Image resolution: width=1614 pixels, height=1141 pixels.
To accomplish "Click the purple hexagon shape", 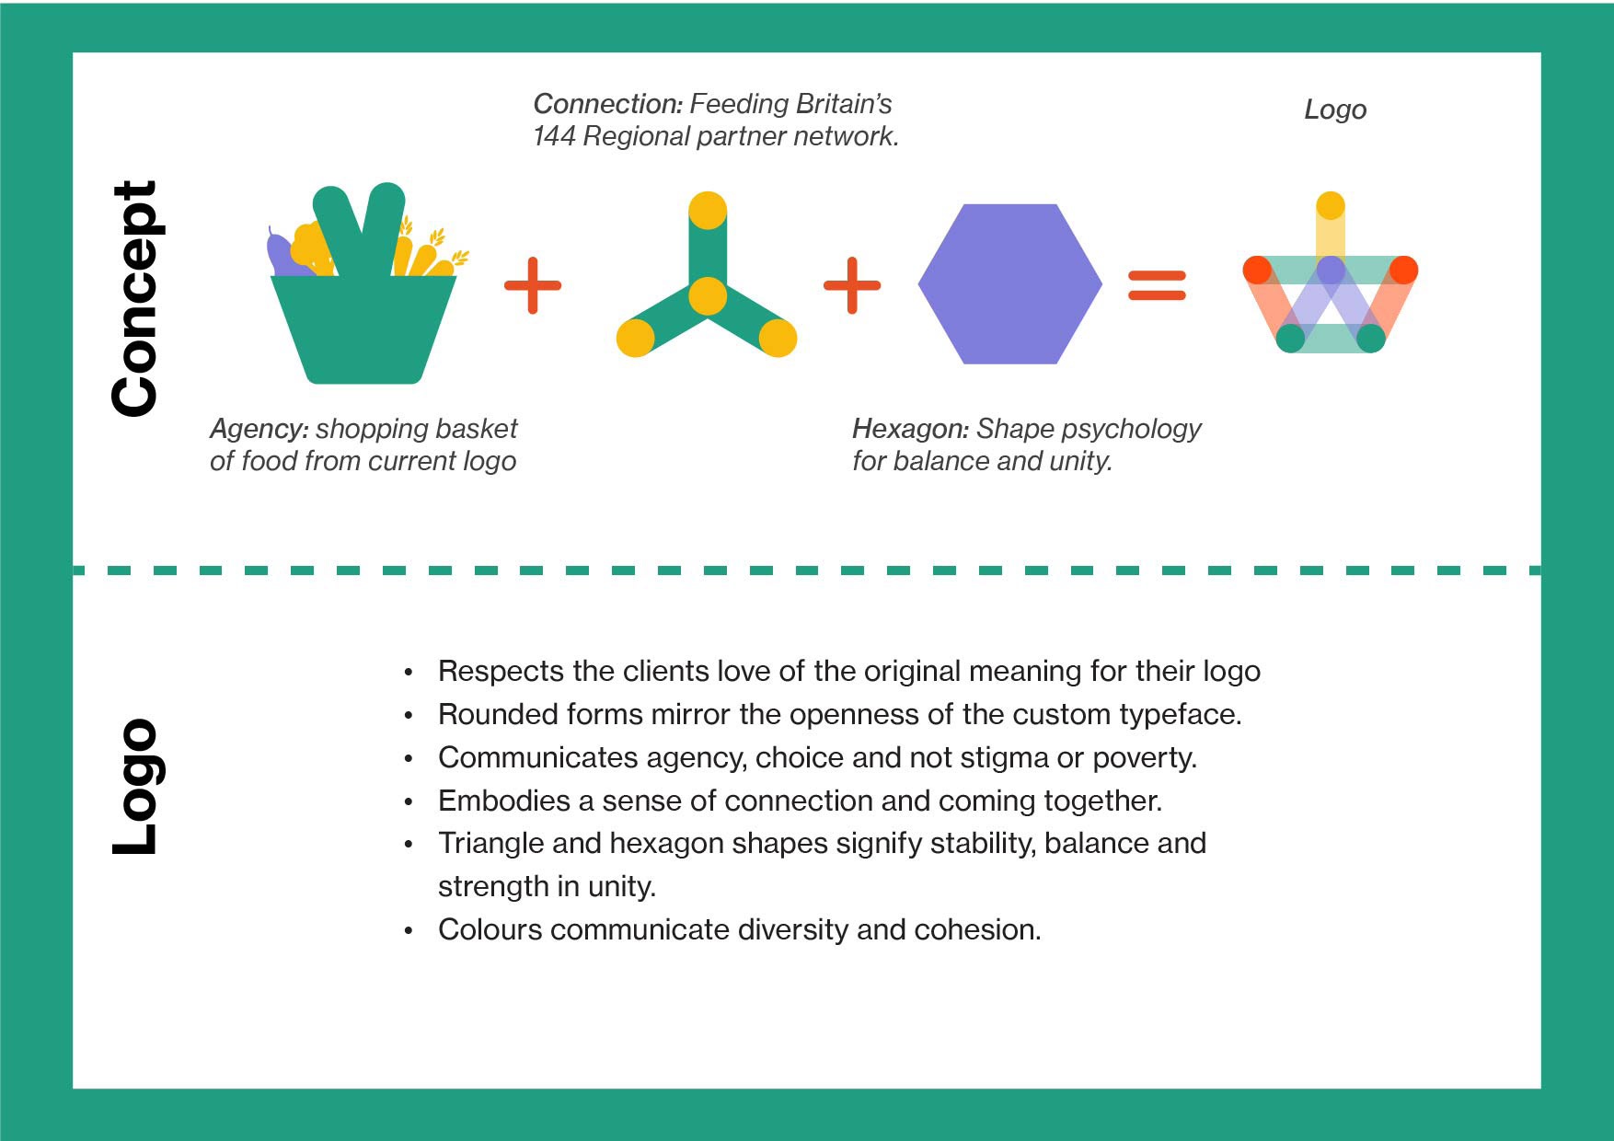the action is [1010, 283].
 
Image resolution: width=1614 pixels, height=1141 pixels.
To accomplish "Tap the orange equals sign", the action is [1157, 285].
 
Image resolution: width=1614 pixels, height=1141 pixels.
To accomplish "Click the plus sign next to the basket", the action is [533, 285].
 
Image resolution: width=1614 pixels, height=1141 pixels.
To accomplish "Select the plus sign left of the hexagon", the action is [852, 285].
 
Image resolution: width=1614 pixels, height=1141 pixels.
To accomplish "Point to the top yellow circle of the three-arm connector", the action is [708, 211].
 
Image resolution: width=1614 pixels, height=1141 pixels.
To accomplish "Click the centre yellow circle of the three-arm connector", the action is [708, 296].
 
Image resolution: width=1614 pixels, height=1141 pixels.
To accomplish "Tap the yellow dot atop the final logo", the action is [1331, 206].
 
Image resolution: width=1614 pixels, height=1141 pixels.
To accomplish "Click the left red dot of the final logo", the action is [1258, 271].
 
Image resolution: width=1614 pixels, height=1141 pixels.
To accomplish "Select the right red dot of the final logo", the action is [1403, 271].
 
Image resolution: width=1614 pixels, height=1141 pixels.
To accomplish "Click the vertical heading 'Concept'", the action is [135, 298].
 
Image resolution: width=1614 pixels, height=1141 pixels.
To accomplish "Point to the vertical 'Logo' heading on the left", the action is [135, 786].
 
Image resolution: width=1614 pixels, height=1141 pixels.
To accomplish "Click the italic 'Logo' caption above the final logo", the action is [1335, 109].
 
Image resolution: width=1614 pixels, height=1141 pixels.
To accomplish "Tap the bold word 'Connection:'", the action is [607, 104].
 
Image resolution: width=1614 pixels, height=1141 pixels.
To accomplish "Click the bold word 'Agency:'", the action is [259, 430].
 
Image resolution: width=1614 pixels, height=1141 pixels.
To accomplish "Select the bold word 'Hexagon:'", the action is [910, 429].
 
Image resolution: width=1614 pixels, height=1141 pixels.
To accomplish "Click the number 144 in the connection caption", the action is [554, 136].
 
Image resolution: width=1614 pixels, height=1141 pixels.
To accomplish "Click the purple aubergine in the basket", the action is [280, 253].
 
